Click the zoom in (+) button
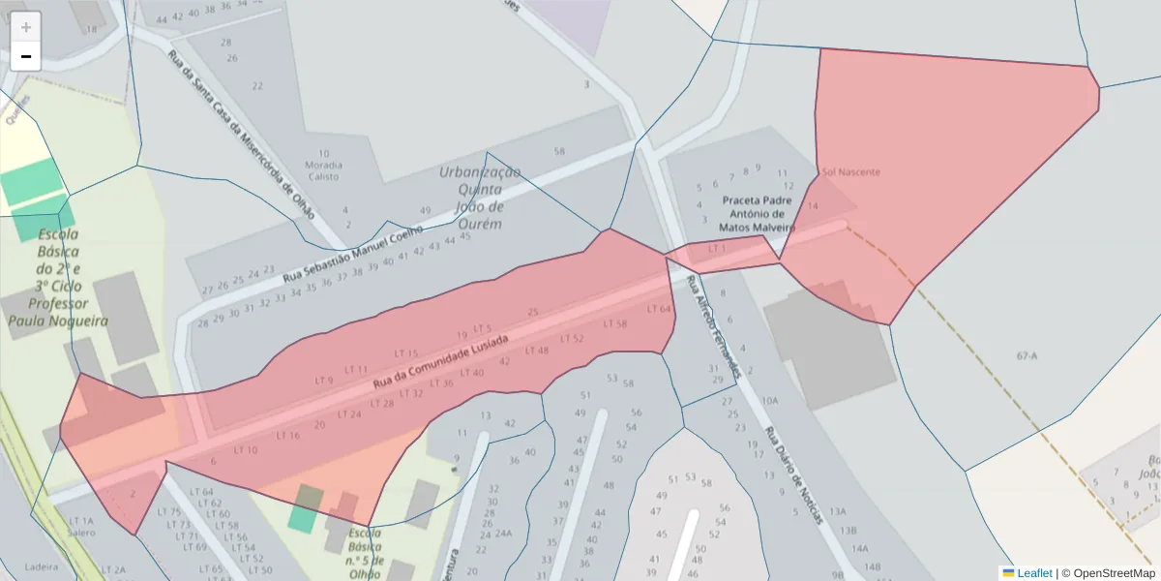[26, 27]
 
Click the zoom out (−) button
[26, 56]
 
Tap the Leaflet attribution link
[1034, 573]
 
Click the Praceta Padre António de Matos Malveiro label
[757, 213]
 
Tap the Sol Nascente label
[851, 172]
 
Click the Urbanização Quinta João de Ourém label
[480, 198]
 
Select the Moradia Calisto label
[323, 165]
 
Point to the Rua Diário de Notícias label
[794, 475]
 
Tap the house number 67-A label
[1027, 356]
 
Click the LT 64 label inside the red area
[658, 309]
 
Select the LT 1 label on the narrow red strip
[716, 249]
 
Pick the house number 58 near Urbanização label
[559, 152]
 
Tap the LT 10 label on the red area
[246, 450]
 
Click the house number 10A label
[769, 400]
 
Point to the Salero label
[81, 533]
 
